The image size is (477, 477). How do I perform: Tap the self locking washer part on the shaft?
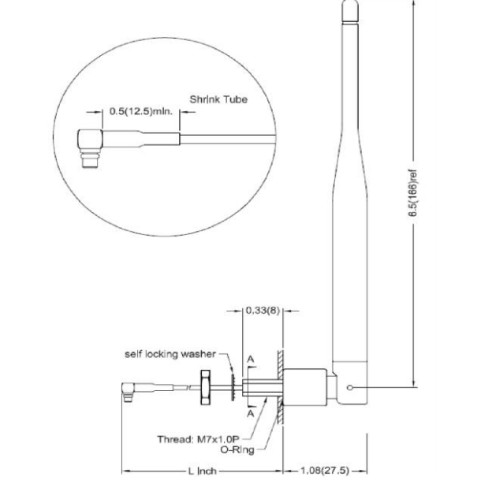point(233,386)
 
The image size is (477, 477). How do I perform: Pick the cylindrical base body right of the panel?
point(304,387)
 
